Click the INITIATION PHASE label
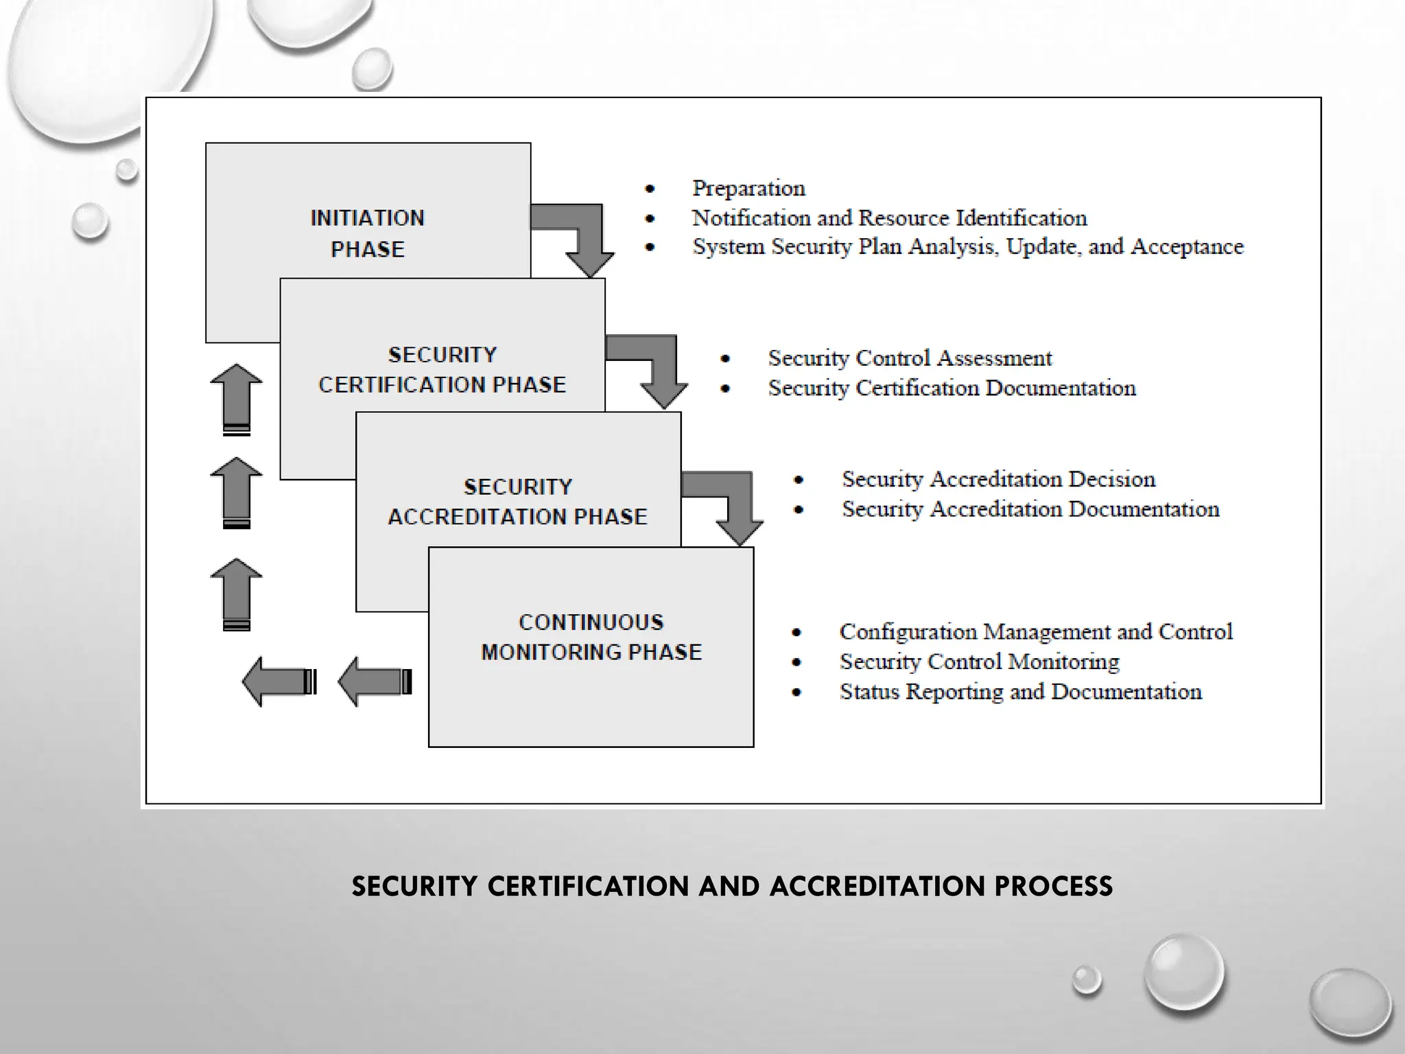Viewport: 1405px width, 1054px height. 368,233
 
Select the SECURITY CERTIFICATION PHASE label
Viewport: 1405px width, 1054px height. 442,370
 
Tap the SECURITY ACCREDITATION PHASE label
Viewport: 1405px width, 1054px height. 518,502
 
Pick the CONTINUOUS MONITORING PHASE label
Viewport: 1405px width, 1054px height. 591,637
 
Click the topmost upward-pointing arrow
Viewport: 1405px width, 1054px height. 236,398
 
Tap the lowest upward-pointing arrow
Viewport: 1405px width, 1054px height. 236,593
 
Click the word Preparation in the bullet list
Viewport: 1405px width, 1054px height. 748,188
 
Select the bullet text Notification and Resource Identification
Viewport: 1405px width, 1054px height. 889,218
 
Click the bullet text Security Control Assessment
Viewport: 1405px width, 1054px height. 909,358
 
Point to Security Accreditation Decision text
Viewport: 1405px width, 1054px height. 998,479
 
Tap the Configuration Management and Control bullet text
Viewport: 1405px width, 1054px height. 1035,631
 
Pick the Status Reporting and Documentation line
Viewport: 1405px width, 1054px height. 1020,692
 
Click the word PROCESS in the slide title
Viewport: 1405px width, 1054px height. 1053,886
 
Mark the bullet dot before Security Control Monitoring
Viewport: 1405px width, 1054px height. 796,662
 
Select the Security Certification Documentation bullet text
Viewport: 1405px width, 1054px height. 952,388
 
